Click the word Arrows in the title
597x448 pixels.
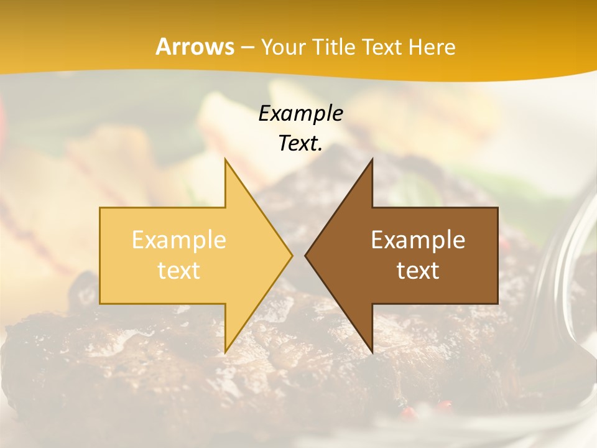195,47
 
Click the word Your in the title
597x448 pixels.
282,47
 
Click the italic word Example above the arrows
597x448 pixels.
300,113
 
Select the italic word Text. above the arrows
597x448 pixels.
300,143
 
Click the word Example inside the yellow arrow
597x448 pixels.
179,240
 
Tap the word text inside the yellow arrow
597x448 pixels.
179,271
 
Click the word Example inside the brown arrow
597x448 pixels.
418,240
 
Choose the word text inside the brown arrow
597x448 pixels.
418,271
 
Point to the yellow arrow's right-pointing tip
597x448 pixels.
291,256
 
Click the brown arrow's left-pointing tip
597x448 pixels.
306,256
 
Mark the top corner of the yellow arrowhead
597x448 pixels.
226,161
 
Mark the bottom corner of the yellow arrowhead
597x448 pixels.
226,352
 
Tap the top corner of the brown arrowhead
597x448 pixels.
372,161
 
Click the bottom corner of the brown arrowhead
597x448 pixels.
372,352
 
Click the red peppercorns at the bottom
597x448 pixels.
428,408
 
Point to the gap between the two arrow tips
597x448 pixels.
298,256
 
